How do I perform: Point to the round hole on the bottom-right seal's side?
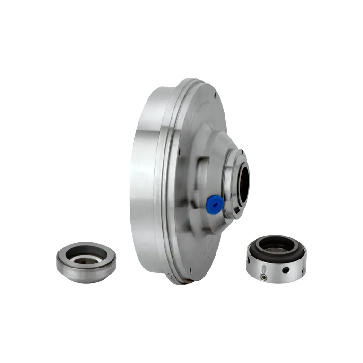(285, 271)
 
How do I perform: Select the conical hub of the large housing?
(208, 156)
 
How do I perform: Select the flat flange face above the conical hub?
(199, 113)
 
